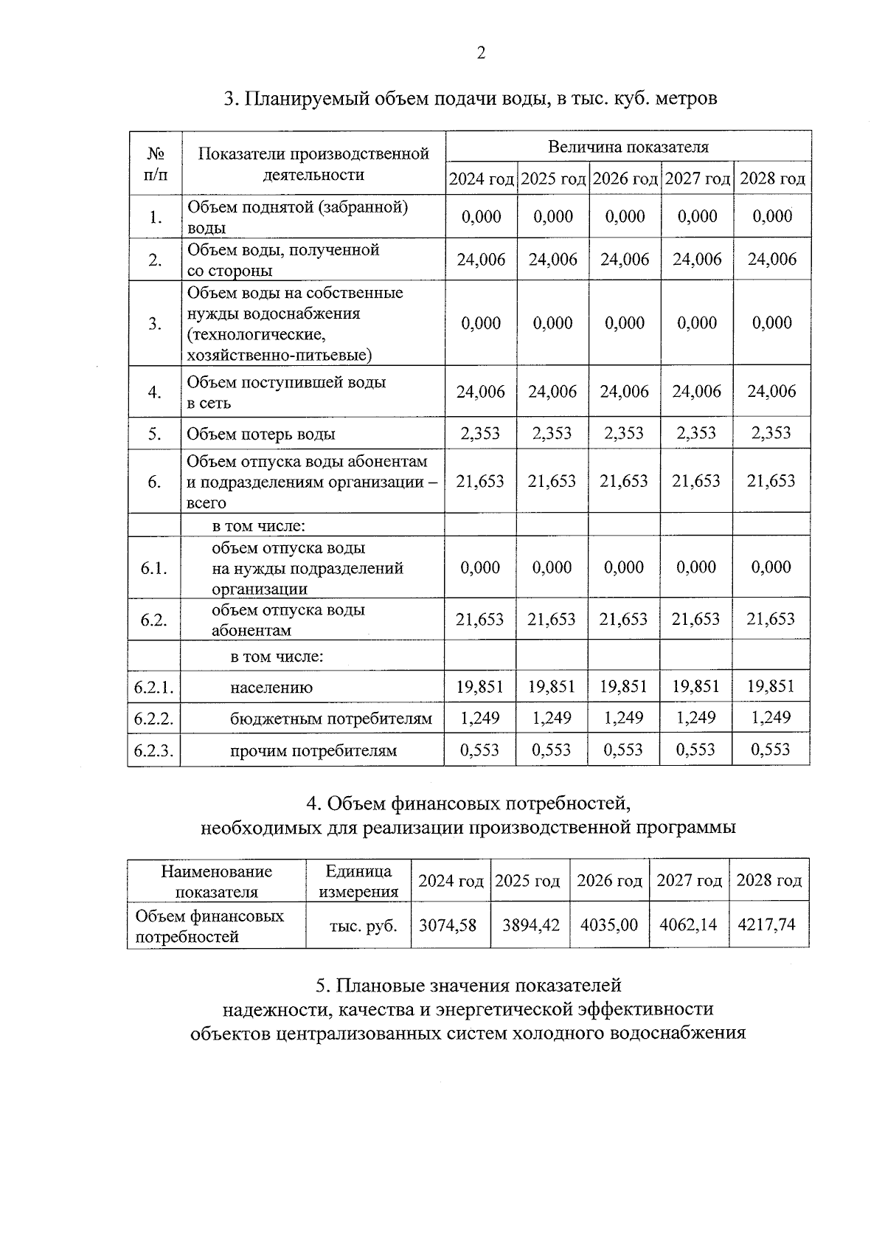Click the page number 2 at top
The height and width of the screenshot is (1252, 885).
pyautogui.click(x=481, y=53)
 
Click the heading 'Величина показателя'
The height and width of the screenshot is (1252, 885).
pyautogui.click(x=628, y=147)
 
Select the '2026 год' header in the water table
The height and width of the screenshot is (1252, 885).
pyautogui.click(x=625, y=179)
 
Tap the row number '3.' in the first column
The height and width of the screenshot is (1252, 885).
pyautogui.click(x=155, y=324)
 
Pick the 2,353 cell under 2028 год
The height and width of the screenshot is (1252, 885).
pyautogui.click(x=771, y=433)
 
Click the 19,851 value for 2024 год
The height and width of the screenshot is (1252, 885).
pyautogui.click(x=480, y=687)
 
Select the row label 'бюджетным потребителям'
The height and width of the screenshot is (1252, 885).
pyautogui.click(x=330, y=719)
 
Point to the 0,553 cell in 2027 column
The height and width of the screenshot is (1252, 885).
pyautogui.click(x=696, y=750)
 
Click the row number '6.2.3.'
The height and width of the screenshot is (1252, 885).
pyautogui.click(x=154, y=751)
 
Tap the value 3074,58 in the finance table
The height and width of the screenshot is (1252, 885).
pyautogui.click(x=448, y=924)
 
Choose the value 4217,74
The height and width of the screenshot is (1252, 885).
pyautogui.click(x=766, y=924)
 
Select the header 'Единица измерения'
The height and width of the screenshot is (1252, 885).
pyautogui.click(x=358, y=882)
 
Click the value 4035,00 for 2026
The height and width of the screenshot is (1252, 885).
pyautogui.click(x=608, y=924)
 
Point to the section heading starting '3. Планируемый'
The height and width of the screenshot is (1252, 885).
pyautogui.click(x=471, y=98)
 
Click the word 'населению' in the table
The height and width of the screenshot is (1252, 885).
pyautogui.click(x=271, y=688)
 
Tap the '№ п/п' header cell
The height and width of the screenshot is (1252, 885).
pyautogui.click(x=155, y=164)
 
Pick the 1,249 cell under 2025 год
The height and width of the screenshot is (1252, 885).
pyautogui.click(x=552, y=718)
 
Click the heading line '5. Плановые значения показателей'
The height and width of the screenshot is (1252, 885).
pyautogui.click(x=468, y=985)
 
